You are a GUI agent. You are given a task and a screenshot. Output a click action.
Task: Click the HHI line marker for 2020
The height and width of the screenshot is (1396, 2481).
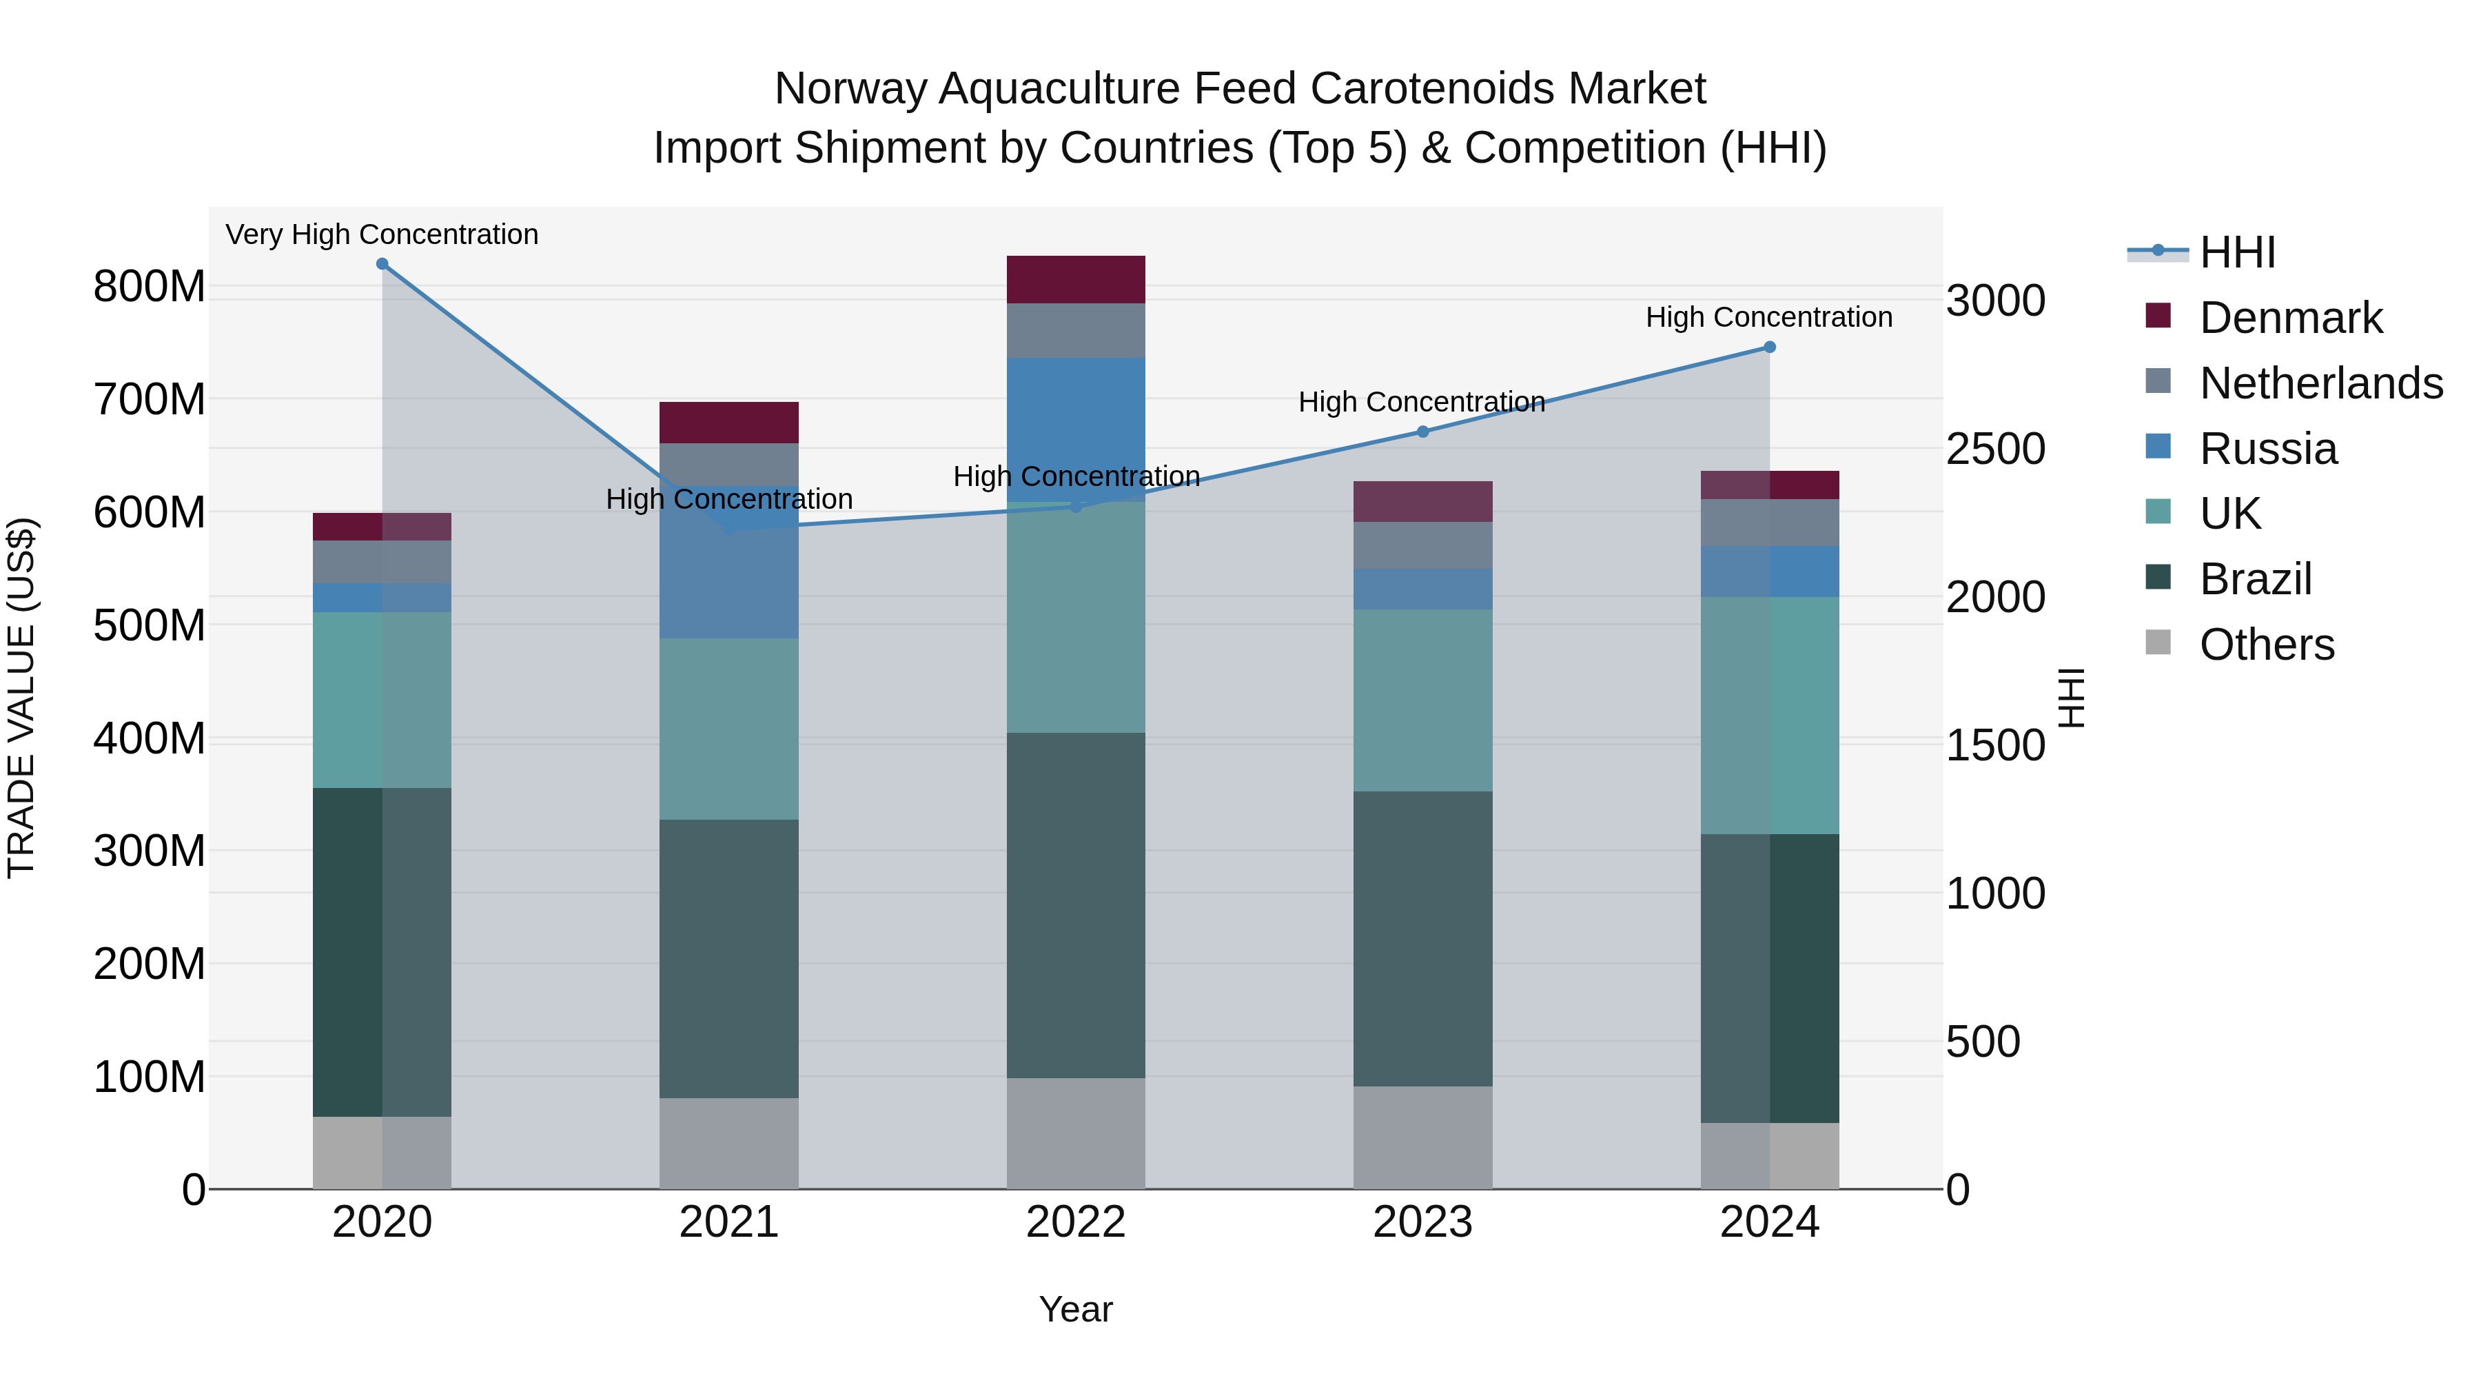click(382, 264)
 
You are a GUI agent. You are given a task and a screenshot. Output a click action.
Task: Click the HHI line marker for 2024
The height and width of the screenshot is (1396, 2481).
click(1769, 347)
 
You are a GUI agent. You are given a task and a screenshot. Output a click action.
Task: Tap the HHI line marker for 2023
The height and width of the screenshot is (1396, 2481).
click(1422, 432)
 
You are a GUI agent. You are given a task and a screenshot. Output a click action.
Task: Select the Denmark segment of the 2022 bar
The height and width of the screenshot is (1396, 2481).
click(1076, 279)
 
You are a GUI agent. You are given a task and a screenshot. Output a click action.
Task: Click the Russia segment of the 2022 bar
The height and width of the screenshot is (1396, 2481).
click(1076, 429)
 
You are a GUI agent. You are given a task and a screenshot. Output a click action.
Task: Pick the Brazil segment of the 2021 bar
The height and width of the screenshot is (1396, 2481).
click(729, 959)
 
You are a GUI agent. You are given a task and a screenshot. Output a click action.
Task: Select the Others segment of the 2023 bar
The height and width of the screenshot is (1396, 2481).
click(1422, 1137)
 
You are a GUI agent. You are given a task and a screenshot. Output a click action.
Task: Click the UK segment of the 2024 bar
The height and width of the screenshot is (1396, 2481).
click(1769, 715)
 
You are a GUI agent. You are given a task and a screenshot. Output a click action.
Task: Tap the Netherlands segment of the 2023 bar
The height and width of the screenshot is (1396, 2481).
click(1422, 545)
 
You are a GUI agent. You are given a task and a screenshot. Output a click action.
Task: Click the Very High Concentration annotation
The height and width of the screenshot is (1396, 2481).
click(382, 234)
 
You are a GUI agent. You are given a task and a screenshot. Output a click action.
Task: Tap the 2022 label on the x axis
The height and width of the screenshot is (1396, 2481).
click(1076, 1222)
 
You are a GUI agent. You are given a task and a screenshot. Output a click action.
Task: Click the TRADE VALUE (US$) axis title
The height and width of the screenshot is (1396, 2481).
click(22, 698)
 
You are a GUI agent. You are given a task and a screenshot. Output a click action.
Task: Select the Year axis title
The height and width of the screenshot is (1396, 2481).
click(1076, 1309)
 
